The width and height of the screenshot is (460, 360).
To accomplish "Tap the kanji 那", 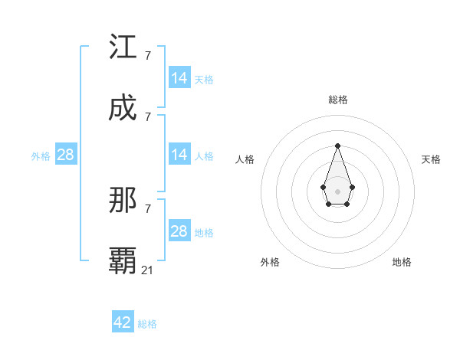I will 123,201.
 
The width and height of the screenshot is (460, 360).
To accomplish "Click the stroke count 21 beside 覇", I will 148,270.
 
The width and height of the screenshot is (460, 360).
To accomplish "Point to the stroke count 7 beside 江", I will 148,55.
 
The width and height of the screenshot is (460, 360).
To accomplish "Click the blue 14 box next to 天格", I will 179,78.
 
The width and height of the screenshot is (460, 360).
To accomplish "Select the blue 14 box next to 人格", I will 179,155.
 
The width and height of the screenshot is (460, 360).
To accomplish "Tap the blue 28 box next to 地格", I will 179,231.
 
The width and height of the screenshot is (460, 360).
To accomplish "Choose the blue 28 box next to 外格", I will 66,155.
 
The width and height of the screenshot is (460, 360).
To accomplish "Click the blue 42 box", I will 123,322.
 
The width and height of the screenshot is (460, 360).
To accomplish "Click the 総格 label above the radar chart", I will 338,100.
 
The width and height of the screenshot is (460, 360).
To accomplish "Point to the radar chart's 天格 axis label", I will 431,159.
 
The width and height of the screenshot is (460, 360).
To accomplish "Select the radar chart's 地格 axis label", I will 402,262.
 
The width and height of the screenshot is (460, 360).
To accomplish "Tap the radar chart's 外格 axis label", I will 270,262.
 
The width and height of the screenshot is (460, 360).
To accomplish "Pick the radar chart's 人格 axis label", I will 245,159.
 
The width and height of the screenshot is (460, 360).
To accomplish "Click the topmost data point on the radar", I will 337,146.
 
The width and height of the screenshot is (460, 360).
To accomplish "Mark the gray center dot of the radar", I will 337,191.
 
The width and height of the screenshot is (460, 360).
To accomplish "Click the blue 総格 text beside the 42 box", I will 147,324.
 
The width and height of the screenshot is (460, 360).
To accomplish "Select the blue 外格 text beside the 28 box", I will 41,156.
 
